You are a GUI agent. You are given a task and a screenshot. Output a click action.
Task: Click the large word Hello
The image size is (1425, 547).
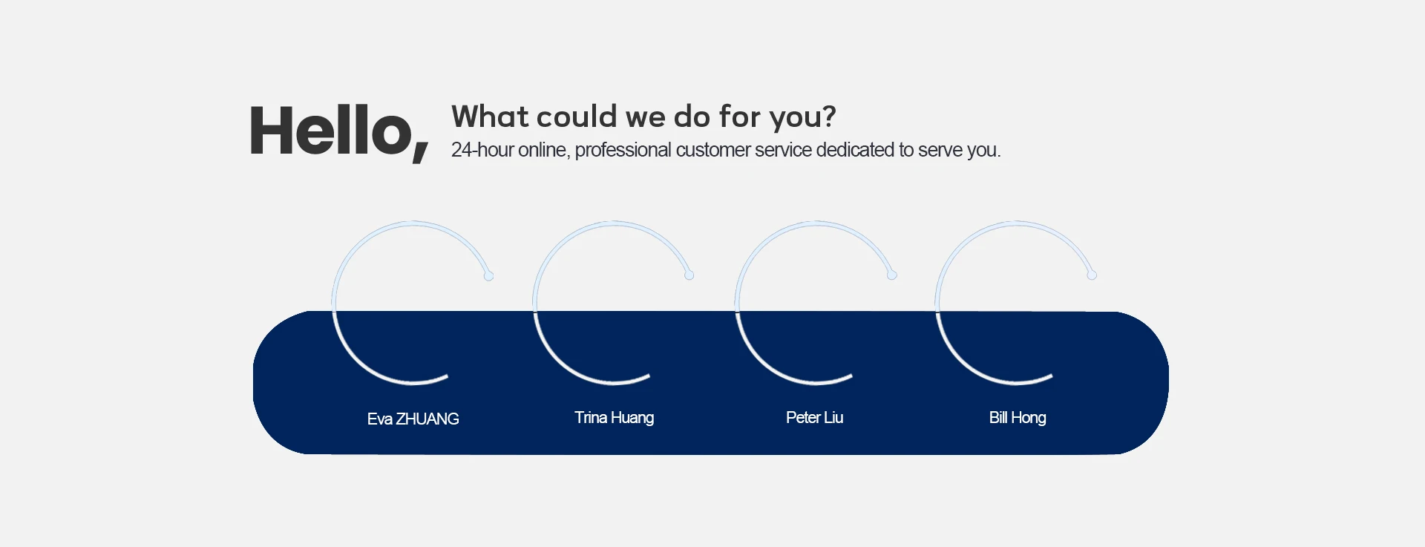331,131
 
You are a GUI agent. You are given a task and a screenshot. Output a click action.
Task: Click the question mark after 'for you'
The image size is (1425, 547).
828,117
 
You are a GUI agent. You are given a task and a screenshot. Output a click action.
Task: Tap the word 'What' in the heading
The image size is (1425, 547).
490,117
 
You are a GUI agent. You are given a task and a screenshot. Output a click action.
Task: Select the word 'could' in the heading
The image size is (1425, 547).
577,117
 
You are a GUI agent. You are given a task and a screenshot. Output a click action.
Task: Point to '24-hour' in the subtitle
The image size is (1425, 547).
482,150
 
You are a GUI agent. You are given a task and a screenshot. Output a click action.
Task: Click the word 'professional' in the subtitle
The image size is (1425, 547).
623,151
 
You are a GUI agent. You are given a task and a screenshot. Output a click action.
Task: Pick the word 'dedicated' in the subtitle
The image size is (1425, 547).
855,150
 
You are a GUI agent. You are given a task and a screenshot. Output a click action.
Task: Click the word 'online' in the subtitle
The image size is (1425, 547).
544,151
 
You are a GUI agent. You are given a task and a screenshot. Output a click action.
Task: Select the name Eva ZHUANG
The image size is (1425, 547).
413,419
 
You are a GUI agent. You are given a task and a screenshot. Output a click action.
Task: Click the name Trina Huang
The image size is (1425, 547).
614,418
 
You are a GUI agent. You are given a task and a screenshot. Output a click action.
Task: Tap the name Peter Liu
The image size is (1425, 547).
814,417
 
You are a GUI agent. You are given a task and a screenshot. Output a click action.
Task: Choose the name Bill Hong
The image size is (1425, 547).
1018,418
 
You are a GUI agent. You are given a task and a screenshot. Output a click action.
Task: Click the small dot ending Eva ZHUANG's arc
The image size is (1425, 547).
488,276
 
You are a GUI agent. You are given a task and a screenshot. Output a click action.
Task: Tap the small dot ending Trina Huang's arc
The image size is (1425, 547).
689,275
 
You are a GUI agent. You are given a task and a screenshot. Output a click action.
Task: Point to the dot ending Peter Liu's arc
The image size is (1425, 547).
892,275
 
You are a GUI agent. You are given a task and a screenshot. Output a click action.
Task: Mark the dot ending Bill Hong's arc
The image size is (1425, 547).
1092,275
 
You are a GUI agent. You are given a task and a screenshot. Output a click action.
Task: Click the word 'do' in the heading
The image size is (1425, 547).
692,117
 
